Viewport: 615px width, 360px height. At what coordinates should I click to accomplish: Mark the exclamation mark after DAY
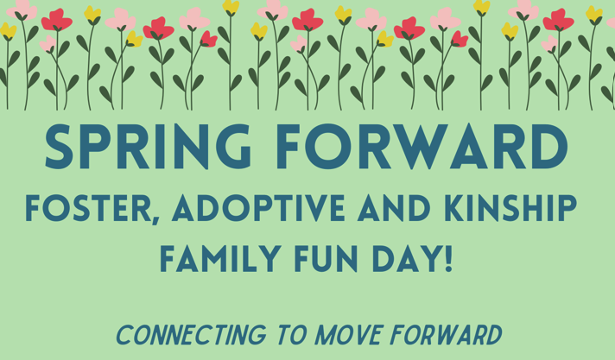pos(447,258)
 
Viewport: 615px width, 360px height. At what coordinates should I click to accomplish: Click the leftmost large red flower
pos(57,19)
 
